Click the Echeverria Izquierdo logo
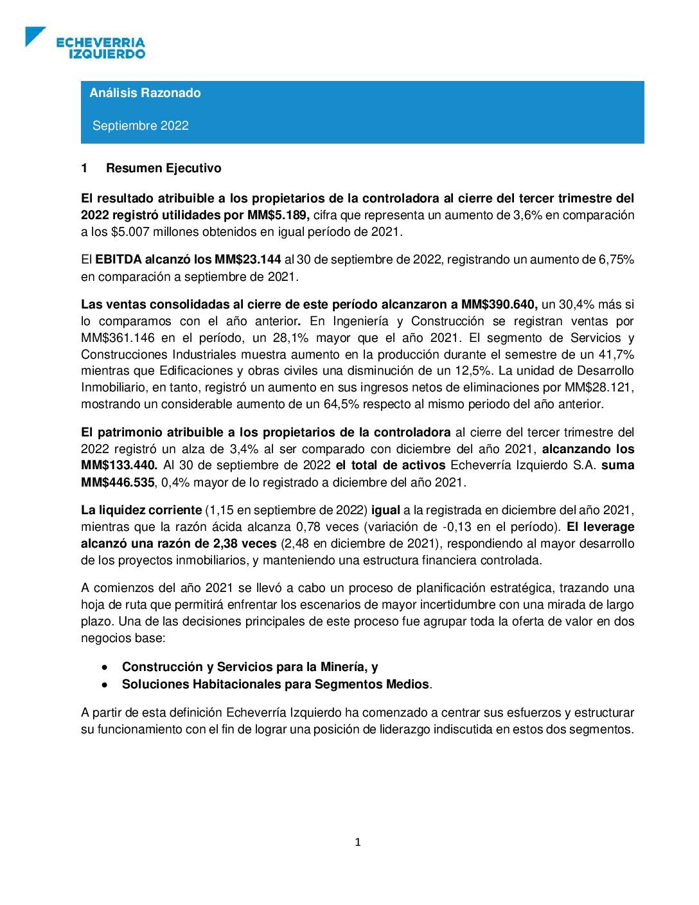[85, 44]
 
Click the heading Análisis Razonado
[145, 93]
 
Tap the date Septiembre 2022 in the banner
[141, 126]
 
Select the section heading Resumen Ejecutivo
[163, 168]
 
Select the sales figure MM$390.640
[499, 305]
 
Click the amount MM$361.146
[118, 338]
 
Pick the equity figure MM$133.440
[119, 465]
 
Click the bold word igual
[385, 510]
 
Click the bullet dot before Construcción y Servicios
[104, 668]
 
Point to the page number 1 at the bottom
[358, 843]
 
